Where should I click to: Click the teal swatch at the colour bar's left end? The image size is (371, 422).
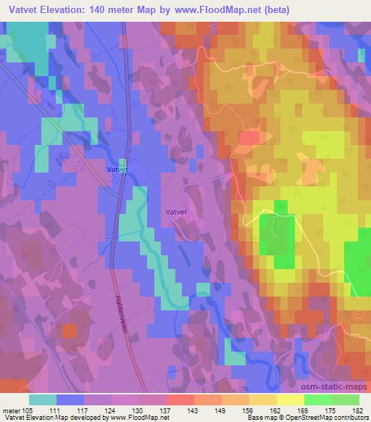(x=42, y=400)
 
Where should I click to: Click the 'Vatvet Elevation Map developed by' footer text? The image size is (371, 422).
(x=56, y=418)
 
